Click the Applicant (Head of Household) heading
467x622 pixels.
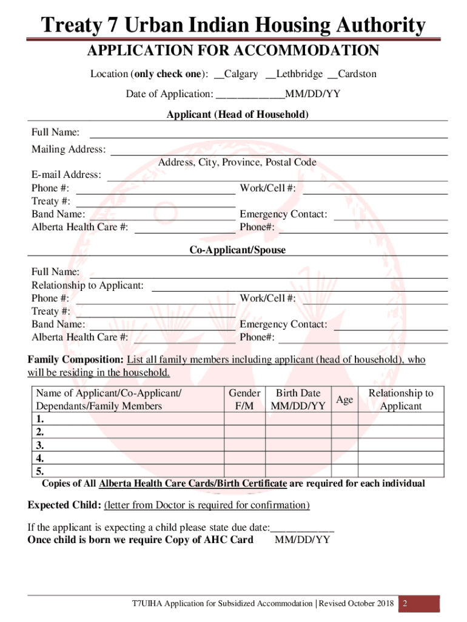pos(238,115)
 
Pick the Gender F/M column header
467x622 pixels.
pos(244,400)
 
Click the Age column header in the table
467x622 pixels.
pos(344,400)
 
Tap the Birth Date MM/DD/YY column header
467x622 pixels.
pos(298,400)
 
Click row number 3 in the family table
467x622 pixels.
pos(40,445)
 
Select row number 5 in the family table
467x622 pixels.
pos(40,471)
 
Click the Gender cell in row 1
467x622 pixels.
pos(244,419)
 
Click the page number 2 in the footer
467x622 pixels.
pos(404,604)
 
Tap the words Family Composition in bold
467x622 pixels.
pos(75,360)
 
